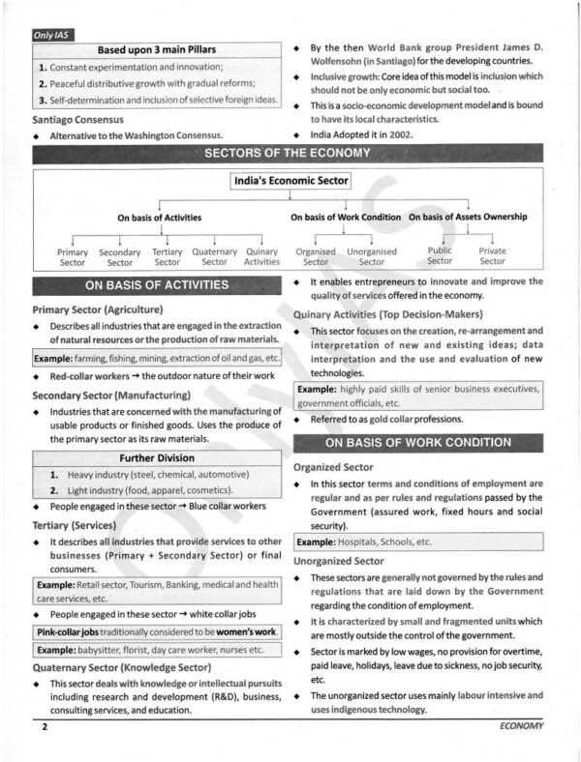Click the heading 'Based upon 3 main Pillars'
(x=155, y=50)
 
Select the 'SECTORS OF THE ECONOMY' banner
(x=290, y=155)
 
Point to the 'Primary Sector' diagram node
(x=73, y=256)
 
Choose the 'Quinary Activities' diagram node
(x=261, y=256)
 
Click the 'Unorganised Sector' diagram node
(x=372, y=256)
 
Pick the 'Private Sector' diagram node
(x=492, y=256)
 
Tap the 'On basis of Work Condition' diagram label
(x=346, y=218)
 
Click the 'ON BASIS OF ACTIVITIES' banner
(x=157, y=285)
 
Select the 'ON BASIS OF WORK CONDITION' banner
(x=417, y=442)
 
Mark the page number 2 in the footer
(x=45, y=726)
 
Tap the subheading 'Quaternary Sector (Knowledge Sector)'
(x=122, y=667)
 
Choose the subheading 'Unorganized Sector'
(x=339, y=561)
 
